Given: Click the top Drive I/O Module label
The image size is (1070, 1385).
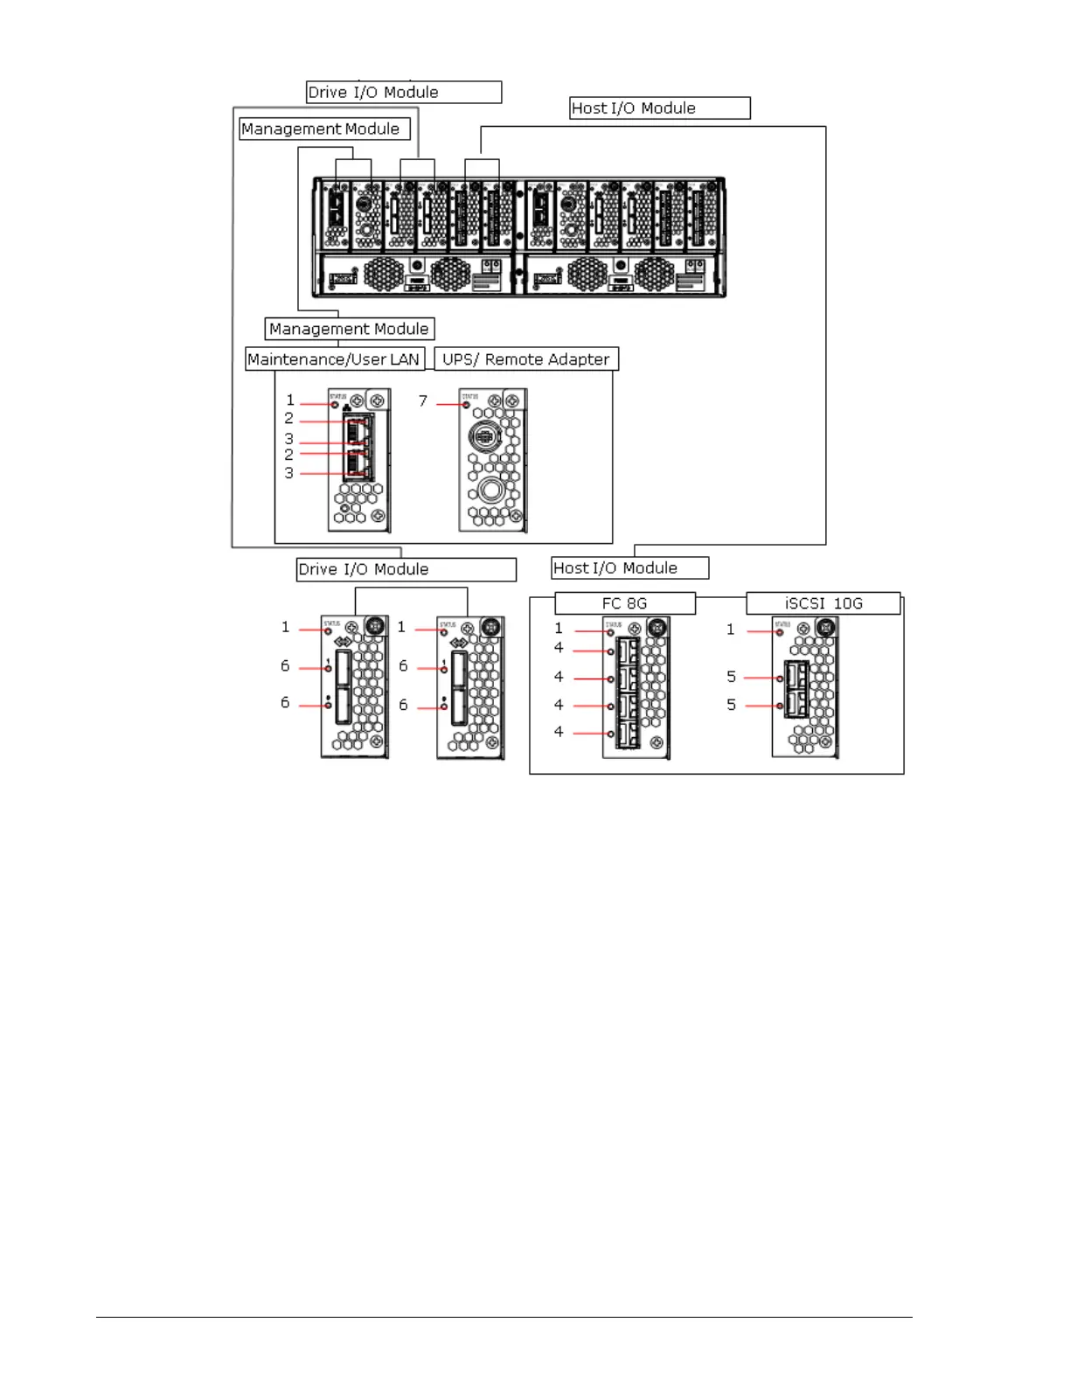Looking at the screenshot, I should (403, 93).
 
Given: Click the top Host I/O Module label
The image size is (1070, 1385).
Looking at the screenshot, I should (659, 108).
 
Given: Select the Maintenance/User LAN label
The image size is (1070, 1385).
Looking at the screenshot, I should (334, 359).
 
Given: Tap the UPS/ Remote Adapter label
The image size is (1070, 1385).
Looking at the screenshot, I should (525, 359).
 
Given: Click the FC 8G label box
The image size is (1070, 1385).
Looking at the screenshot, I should (624, 603).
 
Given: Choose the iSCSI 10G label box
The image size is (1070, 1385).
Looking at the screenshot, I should (823, 603).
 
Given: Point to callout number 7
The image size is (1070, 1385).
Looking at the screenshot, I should (423, 401).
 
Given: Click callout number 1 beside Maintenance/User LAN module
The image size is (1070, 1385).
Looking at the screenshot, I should (290, 400).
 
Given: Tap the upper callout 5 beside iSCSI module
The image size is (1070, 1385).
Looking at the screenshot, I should (732, 677).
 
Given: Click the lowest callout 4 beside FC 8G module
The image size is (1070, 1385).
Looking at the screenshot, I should (559, 732).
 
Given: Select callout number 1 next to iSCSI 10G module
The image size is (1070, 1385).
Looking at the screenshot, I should (731, 630).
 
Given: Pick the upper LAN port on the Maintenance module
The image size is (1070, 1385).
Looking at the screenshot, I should (358, 429).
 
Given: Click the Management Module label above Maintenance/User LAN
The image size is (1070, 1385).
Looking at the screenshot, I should (349, 329).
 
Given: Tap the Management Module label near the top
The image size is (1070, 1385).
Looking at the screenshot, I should (324, 129).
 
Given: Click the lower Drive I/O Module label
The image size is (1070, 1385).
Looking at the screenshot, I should (406, 569).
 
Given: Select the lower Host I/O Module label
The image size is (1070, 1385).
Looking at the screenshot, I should (629, 568).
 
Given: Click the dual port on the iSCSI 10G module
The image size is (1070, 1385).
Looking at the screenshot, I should (796, 690).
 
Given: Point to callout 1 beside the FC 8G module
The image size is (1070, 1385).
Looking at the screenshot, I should (559, 629).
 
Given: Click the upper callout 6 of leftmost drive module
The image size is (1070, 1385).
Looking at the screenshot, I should (285, 666).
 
